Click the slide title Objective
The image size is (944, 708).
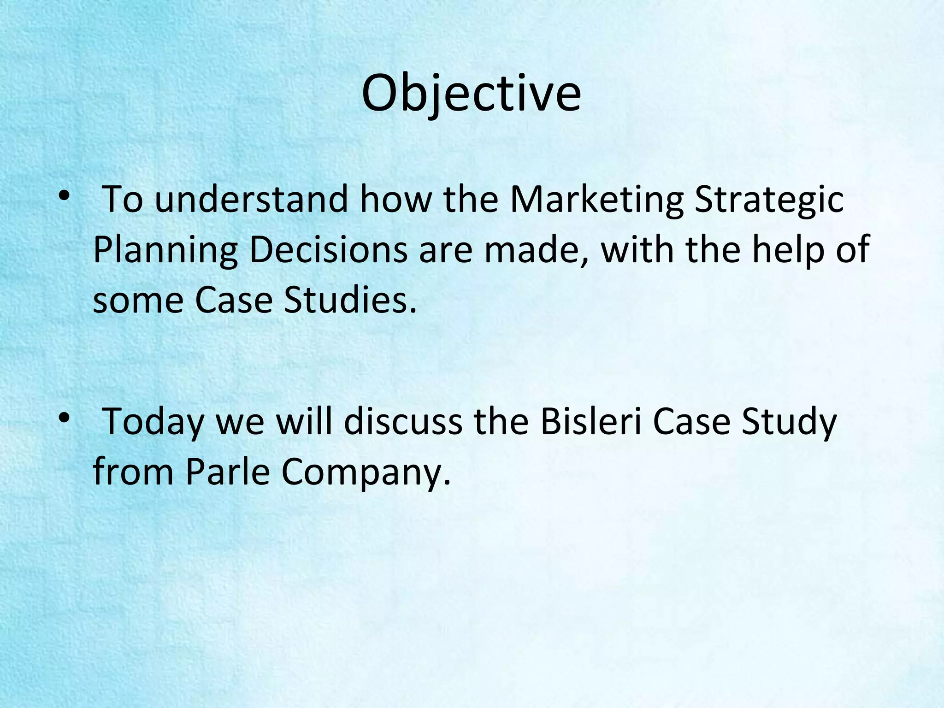[471, 94]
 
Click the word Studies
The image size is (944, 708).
[350, 300]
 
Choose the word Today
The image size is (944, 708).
[153, 422]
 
